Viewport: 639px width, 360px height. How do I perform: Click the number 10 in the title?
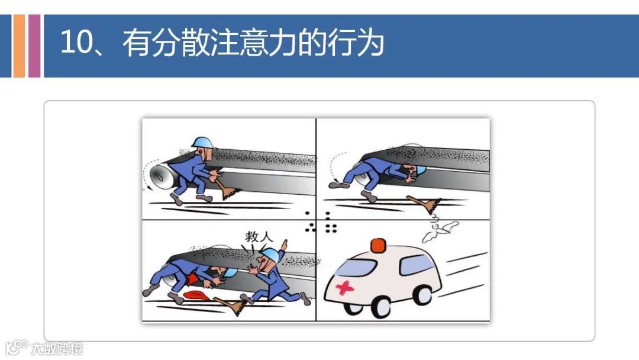click(x=76, y=42)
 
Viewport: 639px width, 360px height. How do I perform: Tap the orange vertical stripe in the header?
click(x=19, y=46)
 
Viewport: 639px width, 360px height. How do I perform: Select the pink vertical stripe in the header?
click(x=34, y=46)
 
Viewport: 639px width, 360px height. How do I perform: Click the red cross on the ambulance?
click(x=345, y=287)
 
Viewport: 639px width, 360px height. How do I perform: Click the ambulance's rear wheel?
click(x=424, y=295)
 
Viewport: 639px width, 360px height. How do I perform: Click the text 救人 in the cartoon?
click(x=259, y=236)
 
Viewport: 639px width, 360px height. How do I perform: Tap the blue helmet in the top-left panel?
click(x=202, y=142)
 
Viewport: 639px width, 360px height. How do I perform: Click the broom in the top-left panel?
click(x=224, y=188)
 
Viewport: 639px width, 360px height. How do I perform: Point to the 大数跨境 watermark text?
click(x=57, y=349)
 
